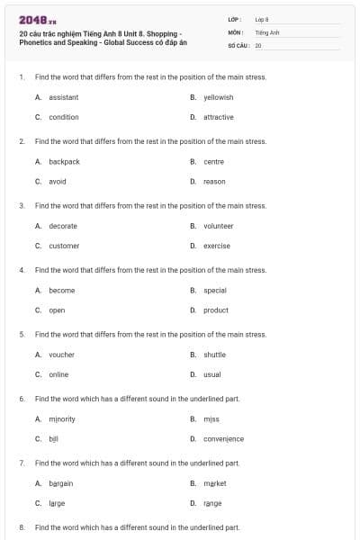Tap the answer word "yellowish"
click(x=219, y=97)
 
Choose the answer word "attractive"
click(x=219, y=117)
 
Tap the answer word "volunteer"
click(x=219, y=226)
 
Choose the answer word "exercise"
click(x=217, y=246)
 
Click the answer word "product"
click(x=216, y=310)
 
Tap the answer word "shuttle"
click(x=215, y=355)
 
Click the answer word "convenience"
click(x=223, y=439)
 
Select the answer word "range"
click(x=212, y=503)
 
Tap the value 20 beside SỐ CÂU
click(x=258, y=44)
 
